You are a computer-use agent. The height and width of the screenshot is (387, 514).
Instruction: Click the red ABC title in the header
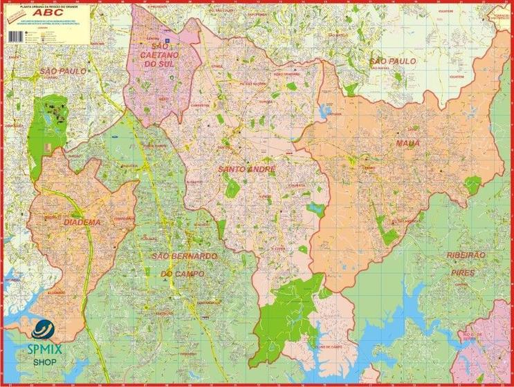click(x=56, y=12)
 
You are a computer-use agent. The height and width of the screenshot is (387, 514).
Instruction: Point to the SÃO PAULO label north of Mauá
click(x=393, y=61)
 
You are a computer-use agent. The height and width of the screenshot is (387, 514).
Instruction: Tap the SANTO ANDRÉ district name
click(x=247, y=169)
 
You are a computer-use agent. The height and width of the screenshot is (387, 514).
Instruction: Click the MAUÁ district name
click(x=407, y=143)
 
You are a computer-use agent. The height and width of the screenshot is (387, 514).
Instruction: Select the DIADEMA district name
click(x=82, y=223)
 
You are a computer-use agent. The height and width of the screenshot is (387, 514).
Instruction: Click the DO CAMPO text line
click(x=183, y=274)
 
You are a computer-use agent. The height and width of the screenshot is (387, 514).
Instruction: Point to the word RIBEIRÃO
click(x=467, y=255)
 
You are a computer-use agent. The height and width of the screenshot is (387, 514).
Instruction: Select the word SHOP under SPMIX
click(x=44, y=360)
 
